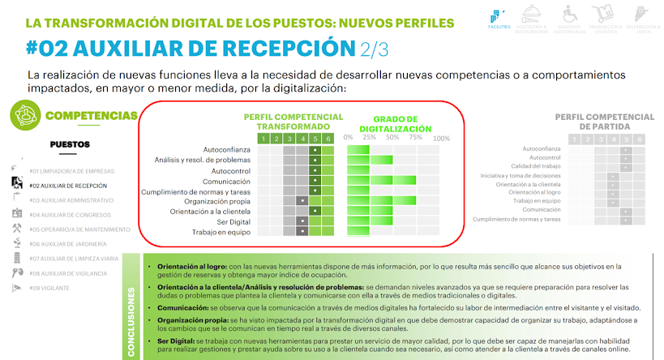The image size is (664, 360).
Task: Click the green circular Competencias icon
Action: [x=24, y=116]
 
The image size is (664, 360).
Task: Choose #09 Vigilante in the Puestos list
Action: [x=51, y=287]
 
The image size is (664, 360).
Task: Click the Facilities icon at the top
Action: [x=499, y=19]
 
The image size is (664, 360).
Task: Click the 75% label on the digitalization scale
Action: [x=416, y=138]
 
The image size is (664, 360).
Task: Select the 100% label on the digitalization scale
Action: [x=442, y=138]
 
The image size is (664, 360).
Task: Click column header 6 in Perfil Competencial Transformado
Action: [x=328, y=139]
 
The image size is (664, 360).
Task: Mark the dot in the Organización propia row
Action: [x=302, y=200]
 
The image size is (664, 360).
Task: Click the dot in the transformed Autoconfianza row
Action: [x=315, y=151]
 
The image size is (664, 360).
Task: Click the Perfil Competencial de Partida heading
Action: [x=604, y=122]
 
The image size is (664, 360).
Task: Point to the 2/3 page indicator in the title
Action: [x=375, y=49]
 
